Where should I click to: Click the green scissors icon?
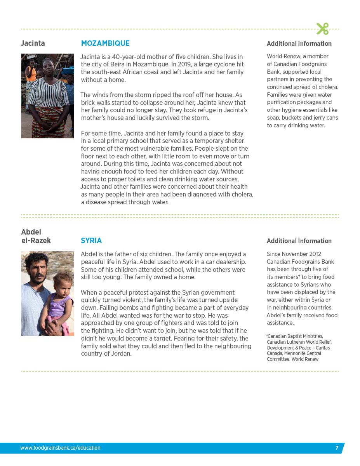coord(322,28)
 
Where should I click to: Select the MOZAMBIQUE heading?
coord(105,43)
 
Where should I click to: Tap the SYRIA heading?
coord(91,241)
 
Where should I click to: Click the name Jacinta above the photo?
coord(33,43)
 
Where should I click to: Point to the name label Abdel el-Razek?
coord(36,236)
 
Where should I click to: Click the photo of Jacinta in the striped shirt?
coord(47,96)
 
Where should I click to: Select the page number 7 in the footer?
coord(337,448)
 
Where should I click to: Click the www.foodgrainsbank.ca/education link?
coord(60,448)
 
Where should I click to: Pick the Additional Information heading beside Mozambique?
coord(299,44)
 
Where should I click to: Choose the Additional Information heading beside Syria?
coord(299,241)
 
